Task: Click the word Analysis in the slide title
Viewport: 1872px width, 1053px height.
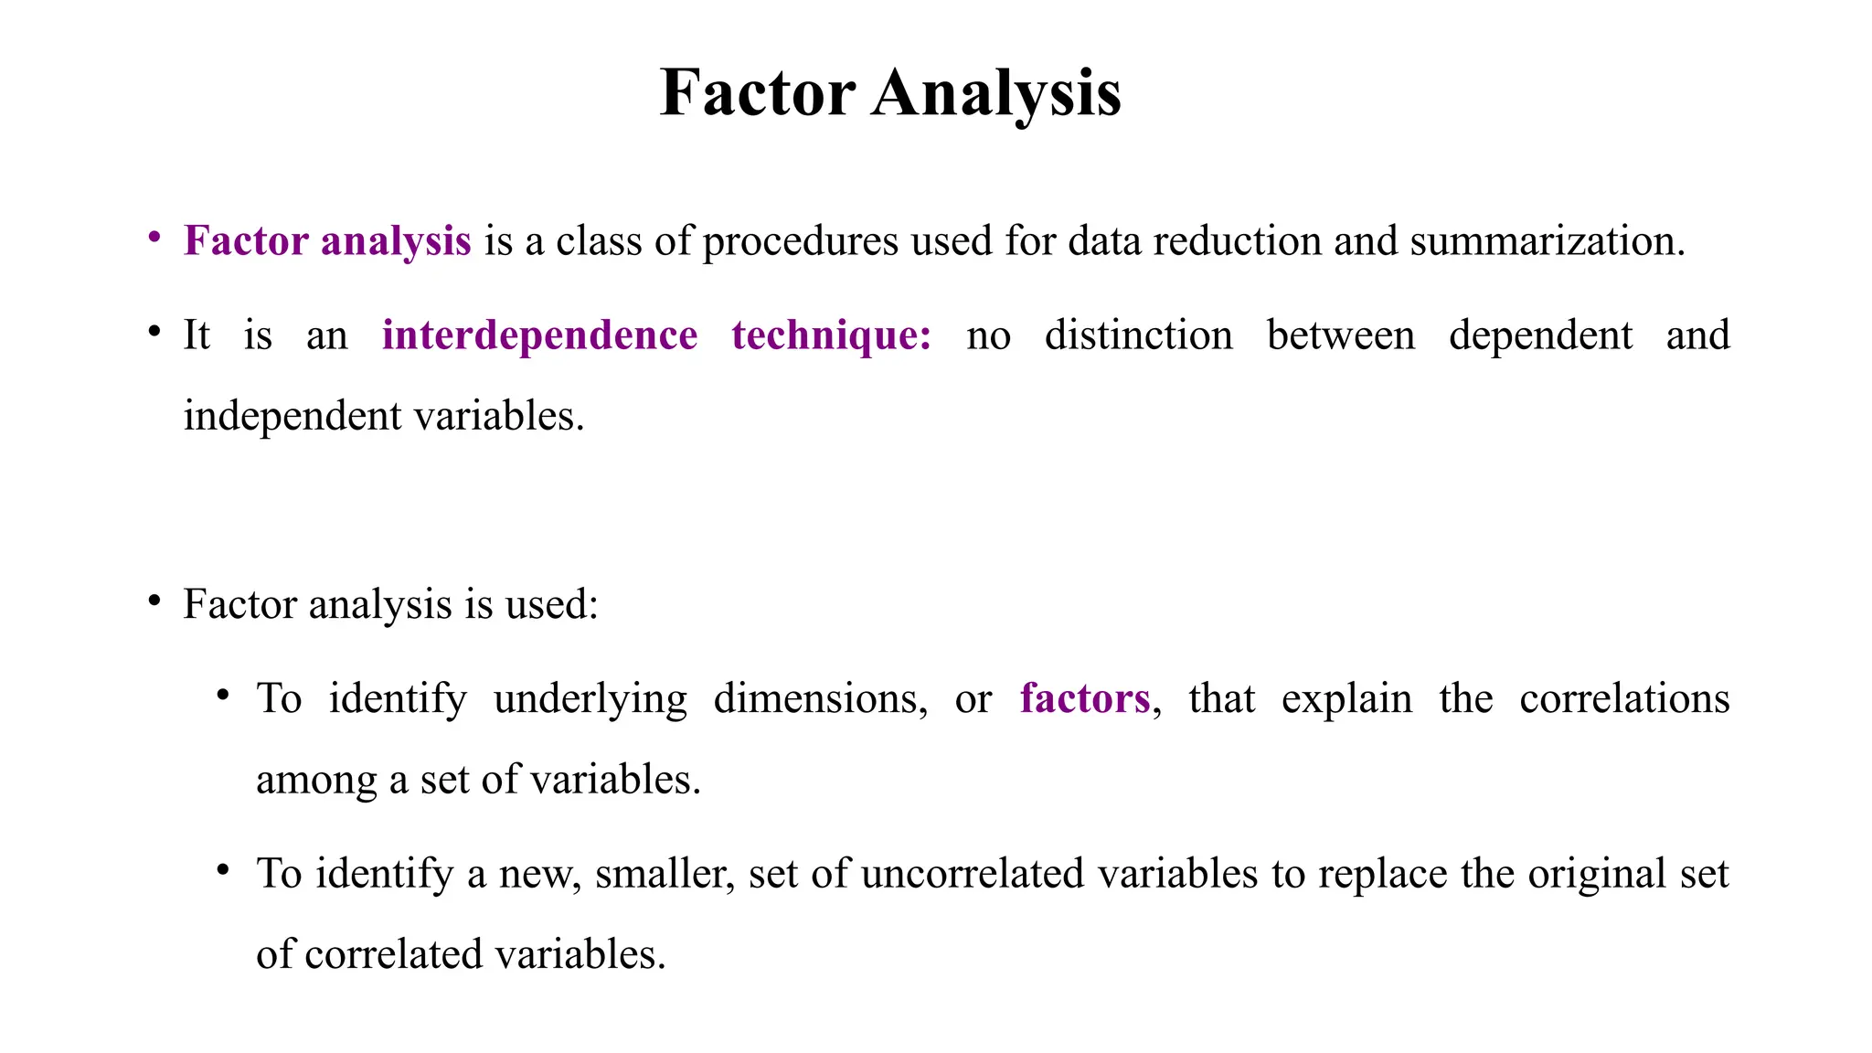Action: click(995, 93)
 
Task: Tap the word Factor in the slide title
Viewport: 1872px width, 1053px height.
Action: click(757, 93)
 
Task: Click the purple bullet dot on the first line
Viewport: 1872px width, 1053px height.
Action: click(154, 237)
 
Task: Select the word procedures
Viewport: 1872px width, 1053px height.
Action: click(801, 241)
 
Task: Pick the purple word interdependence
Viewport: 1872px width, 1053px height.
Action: click(539, 335)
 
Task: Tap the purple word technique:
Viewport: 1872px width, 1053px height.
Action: click(832, 335)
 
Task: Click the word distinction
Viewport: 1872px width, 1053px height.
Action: click(1138, 335)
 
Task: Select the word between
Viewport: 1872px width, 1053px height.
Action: click(1340, 335)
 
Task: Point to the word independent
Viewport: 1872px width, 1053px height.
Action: click(292, 417)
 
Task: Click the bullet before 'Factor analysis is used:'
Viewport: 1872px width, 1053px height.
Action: click(154, 601)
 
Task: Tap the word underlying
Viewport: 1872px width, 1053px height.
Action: click(590, 699)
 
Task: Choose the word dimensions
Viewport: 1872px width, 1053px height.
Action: click(820, 699)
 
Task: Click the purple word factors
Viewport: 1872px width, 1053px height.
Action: click(1084, 699)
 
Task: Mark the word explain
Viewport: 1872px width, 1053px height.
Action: click(1345, 699)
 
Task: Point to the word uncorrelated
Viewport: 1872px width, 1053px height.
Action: click(973, 874)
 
